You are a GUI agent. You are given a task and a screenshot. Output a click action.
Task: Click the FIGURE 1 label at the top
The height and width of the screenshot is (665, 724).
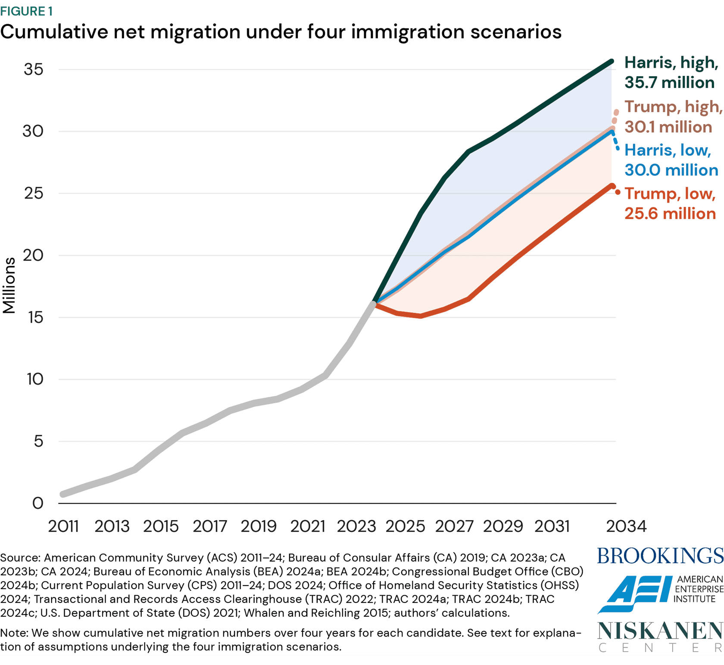click(27, 11)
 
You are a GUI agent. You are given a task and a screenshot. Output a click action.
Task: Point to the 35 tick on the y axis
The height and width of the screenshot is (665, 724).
click(34, 69)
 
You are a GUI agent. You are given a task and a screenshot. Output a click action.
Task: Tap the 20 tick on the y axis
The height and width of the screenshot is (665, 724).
click(34, 255)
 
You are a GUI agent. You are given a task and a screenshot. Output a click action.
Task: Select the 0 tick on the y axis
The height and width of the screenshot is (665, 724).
click(38, 503)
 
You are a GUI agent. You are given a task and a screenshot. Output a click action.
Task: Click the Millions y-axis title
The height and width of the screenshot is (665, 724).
click(9, 285)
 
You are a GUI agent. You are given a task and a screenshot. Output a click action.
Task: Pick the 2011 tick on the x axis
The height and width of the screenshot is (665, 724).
click(63, 527)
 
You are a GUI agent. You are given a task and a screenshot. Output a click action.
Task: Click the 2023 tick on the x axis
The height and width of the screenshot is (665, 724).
click(356, 527)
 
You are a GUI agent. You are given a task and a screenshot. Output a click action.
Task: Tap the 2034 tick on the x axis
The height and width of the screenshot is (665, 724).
click(626, 527)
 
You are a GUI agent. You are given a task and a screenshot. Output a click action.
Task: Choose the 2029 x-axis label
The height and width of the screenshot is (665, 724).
click(503, 527)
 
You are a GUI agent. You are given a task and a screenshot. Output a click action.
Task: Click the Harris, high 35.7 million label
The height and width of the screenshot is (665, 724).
click(671, 72)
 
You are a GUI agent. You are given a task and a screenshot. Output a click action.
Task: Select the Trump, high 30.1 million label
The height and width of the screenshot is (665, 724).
click(672, 116)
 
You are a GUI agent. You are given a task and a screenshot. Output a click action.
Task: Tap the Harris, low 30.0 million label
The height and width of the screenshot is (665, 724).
click(671, 160)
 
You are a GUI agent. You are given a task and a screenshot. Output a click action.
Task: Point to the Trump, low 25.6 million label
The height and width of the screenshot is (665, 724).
click(670, 204)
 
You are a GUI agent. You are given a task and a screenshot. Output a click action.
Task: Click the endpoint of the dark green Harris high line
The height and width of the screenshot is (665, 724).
click(611, 62)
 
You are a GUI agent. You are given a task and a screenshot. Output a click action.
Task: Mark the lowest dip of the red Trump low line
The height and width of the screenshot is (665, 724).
click(420, 316)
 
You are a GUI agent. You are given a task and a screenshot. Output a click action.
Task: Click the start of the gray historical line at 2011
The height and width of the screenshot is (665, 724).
click(63, 494)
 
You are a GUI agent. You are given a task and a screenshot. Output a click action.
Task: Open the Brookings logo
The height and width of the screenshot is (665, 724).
click(660, 556)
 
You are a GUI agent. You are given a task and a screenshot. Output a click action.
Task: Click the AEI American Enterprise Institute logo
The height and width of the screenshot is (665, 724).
click(660, 594)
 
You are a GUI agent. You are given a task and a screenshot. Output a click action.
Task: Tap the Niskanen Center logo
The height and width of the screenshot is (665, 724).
click(660, 637)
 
